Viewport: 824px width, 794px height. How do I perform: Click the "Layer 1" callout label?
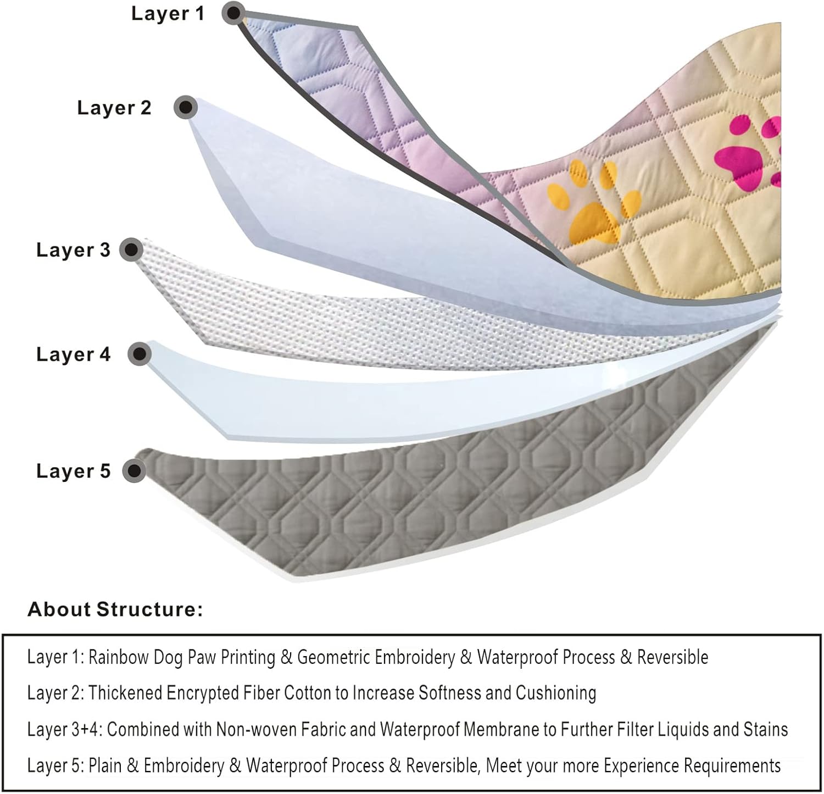click(168, 13)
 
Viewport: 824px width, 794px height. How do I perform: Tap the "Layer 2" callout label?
click(114, 108)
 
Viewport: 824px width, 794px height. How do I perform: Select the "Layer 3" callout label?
click(73, 250)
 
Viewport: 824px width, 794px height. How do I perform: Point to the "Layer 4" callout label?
click(73, 354)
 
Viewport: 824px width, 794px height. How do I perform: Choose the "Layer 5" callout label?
click(73, 471)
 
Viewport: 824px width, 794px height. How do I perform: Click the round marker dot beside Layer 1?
click(234, 12)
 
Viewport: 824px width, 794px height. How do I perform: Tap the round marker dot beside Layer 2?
click(186, 107)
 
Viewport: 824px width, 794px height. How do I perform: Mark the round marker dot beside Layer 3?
click(131, 250)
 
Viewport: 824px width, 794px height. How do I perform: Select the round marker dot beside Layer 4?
click(140, 354)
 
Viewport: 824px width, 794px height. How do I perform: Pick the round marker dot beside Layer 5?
click(133, 471)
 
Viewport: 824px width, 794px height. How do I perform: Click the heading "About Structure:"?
click(115, 609)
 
